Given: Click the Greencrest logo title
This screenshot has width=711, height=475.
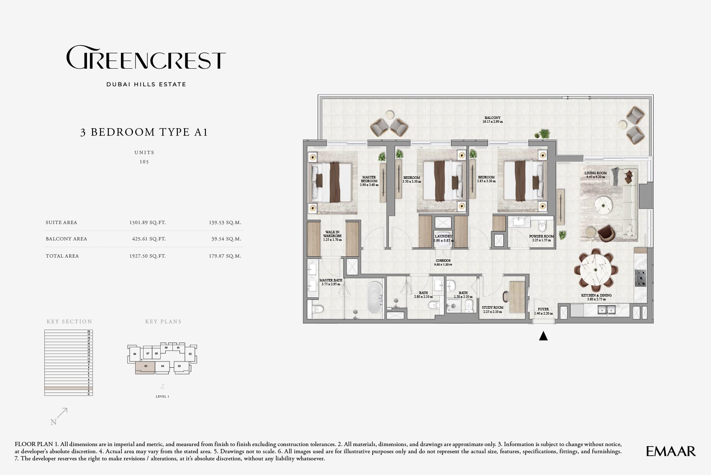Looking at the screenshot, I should click(146, 58).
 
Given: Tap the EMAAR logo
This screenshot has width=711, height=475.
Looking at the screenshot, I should click(670, 451).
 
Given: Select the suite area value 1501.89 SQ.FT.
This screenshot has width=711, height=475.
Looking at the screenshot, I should click(147, 222).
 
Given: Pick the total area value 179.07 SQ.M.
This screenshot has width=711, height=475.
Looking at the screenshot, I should click(225, 256).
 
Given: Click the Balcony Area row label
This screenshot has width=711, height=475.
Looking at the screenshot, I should click(67, 239).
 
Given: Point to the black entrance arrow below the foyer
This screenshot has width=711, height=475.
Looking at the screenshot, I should click(543, 336).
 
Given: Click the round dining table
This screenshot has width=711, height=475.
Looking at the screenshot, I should click(596, 270).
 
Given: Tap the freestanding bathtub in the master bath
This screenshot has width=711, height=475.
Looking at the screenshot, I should click(375, 297).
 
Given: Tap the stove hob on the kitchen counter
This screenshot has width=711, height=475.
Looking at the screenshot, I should click(641, 278).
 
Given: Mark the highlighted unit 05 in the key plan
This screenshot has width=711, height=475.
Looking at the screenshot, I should click(145, 367).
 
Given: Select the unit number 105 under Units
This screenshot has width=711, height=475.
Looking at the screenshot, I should click(144, 162).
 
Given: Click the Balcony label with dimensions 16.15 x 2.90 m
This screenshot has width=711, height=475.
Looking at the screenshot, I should click(492, 120).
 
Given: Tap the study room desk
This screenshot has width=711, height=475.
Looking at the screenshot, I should click(517, 297).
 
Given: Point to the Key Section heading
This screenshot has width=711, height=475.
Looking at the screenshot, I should click(69, 322).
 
